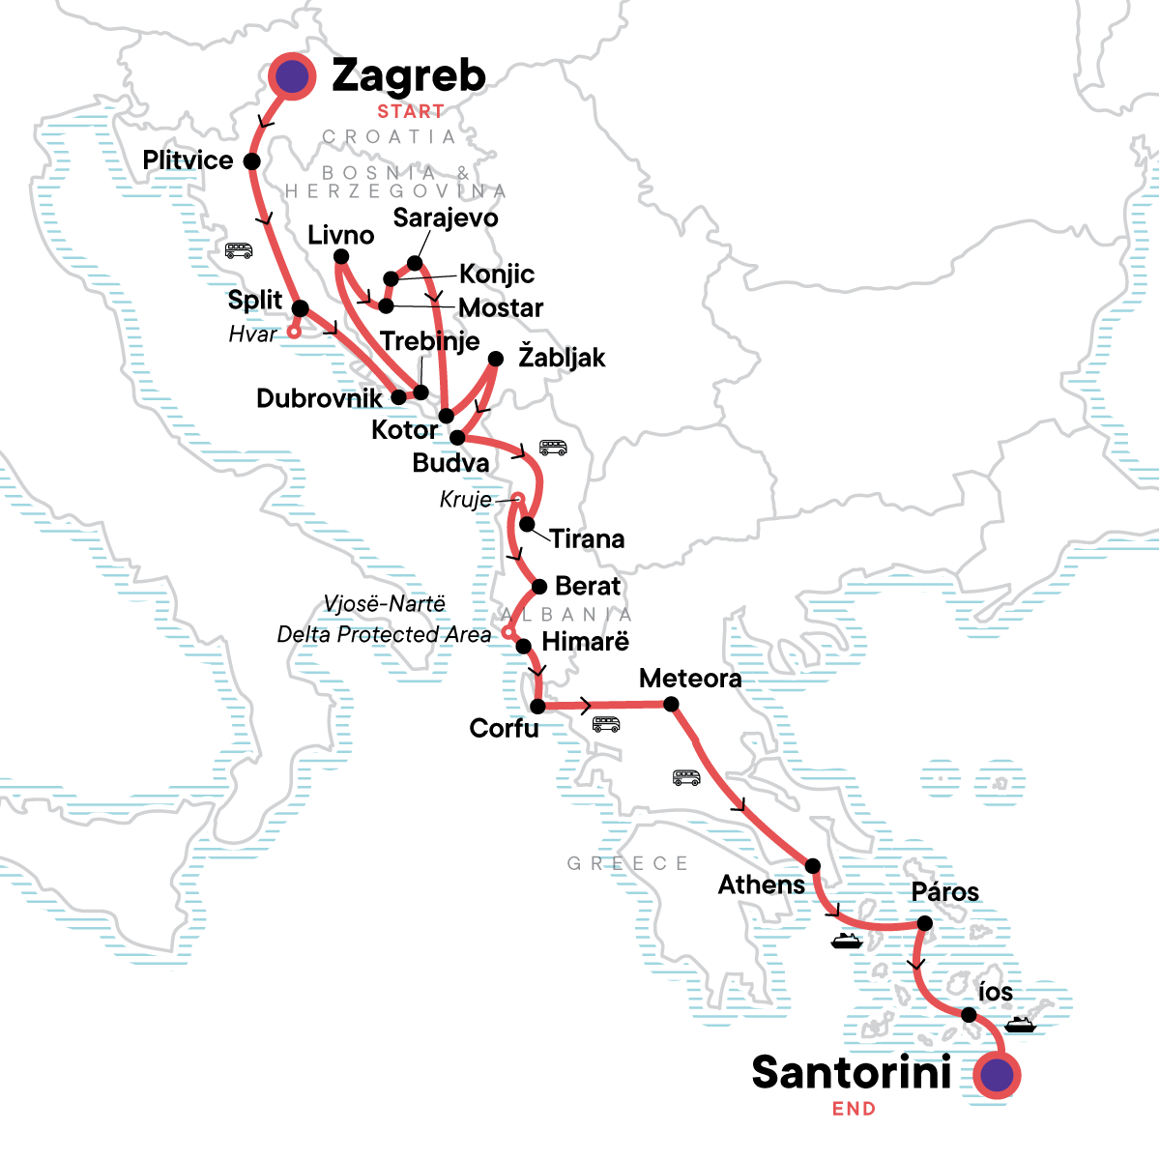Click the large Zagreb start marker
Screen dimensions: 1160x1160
click(x=292, y=75)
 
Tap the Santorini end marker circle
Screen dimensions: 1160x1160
click(x=996, y=1075)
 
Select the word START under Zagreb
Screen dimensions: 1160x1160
click(x=411, y=111)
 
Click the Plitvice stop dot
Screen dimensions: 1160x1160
click(x=252, y=161)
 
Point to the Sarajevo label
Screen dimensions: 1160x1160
click(x=446, y=218)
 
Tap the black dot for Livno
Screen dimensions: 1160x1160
click(x=340, y=257)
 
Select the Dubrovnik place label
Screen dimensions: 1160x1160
click(x=319, y=398)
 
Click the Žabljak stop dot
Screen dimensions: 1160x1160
click(x=496, y=359)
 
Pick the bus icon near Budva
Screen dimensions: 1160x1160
click(x=553, y=448)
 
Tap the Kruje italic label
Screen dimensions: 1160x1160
click(x=465, y=500)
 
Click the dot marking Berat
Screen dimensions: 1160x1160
click(x=539, y=587)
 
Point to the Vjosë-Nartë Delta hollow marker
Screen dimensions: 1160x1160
click(x=507, y=633)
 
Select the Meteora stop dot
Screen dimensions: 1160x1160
click(x=672, y=705)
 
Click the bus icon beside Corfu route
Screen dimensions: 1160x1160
click(x=606, y=724)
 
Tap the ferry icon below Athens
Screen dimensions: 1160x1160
click(x=846, y=941)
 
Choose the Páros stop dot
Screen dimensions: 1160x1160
click(x=924, y=924)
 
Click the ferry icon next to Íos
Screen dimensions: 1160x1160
click(x=1020, y=1025)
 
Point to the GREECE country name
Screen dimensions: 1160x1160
click(x=627, y=863)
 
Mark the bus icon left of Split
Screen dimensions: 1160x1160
click(x=239, y=251)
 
